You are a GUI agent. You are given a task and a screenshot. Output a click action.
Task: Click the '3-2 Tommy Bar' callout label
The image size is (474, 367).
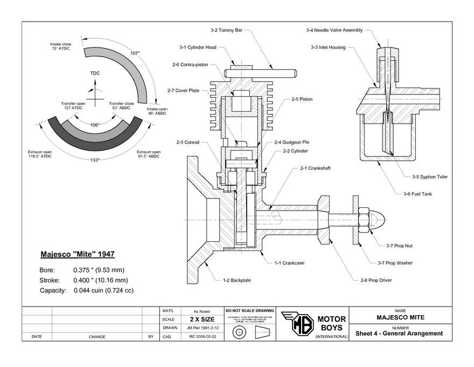[x=226, y=30]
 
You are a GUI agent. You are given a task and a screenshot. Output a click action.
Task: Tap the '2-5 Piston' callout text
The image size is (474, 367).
[x=302, y=99]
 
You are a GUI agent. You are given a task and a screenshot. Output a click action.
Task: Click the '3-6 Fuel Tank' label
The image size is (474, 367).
[x=417, y=194]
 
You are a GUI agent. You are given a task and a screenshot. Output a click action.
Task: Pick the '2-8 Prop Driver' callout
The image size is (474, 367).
[x=375, y=281]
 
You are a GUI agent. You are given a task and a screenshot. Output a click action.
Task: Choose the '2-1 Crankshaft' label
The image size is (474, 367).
[x=315, y=168]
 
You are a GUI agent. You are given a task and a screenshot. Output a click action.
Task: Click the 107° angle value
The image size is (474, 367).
[x=135, y=53]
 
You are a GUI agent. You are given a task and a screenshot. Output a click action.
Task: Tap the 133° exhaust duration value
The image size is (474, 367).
[x=95, y=160]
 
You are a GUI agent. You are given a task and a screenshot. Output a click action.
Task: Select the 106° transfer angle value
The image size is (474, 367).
[x=95, y=125]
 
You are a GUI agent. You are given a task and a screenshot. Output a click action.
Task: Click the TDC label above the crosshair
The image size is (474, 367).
[x=95, y=73]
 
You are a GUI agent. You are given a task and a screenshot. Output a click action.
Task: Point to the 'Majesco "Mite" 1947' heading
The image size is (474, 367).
[x=78, y=254]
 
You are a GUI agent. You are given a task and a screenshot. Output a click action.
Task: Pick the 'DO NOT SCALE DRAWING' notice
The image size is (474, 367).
[x=248, y=311]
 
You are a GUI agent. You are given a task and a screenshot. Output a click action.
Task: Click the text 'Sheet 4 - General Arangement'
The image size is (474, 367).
[x=399, y=333]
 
